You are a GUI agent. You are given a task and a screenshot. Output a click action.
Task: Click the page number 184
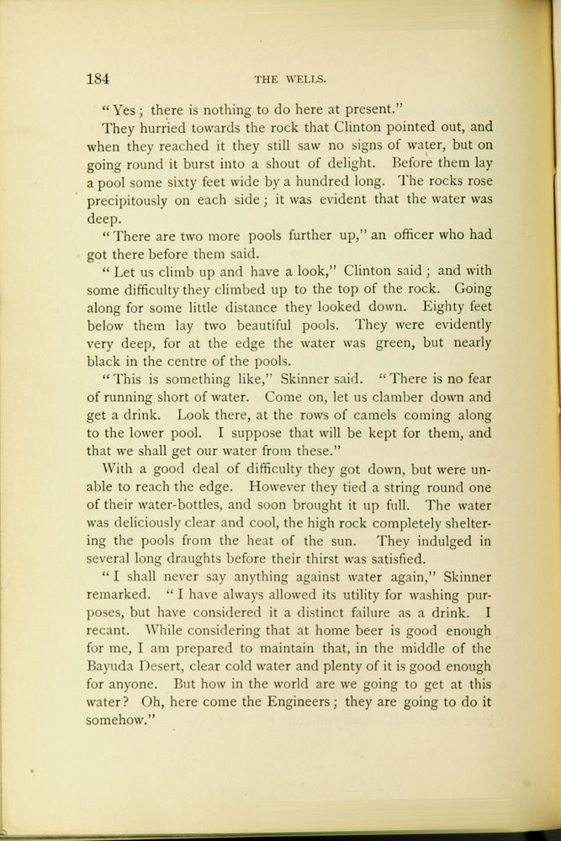[x=98, y=79]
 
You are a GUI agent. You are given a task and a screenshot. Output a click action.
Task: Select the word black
[x=105, y=361]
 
